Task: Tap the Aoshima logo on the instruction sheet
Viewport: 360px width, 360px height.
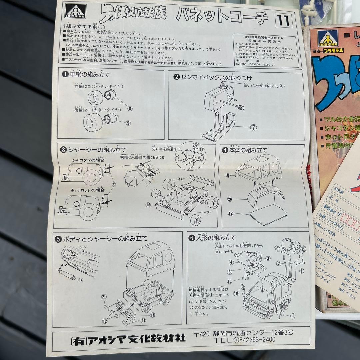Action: tap(75, 13)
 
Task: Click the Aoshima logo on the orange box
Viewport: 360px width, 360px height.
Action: tap(328, 38)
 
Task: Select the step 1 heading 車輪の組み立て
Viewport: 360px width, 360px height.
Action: tap(86, 74)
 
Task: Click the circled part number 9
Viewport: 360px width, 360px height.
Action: tap(128, 123)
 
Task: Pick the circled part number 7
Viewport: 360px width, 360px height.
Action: tap(254, 127)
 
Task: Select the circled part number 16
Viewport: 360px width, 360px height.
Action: tap(148, 204)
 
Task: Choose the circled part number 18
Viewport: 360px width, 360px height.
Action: tap(152, 314)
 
